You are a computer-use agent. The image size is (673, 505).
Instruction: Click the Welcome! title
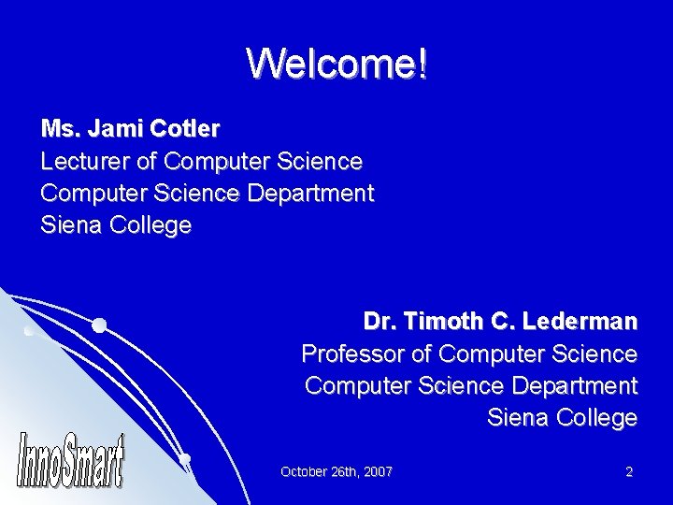pyautogui.click(x=336, y=64)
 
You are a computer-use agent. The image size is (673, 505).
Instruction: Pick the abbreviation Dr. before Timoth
pyautogui.click(x=379, y=323)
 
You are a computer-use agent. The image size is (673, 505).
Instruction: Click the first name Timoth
pyautogui.click(x=442, y=323)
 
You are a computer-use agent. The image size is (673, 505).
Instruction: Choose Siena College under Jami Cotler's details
pyautogui.click(x=116, y=225)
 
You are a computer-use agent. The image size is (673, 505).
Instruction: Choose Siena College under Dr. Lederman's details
pyautogui.click(x=562, y=418)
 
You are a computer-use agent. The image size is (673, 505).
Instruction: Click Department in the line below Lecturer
pyautogui.click(x=308, y=194)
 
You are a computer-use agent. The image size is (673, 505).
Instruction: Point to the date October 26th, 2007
pyautogui.click(x=336, y=471)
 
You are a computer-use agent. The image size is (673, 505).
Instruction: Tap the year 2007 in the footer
pyautogui.click(x=377, y=471)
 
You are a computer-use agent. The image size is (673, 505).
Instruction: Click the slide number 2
pyautogui.click(x=629, y=471)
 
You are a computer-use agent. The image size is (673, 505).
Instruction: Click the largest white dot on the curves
pyautogui.click(x=98, y=325)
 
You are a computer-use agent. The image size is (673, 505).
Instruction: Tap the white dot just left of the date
pyautogui.click(x=185, y=458)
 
